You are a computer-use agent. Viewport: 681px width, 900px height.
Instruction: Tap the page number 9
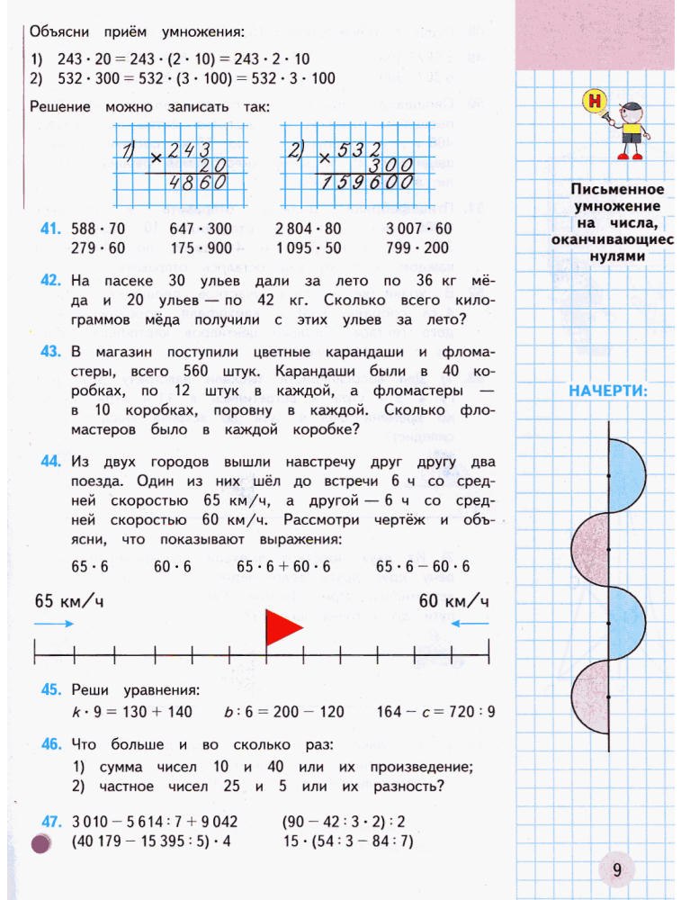click(617, 868)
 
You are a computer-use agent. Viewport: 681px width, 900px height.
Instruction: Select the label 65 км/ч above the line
click(68, 600)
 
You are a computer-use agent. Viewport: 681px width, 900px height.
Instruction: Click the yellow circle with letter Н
click(594, 101)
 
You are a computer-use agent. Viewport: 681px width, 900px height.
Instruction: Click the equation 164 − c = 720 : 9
click(436, 712)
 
